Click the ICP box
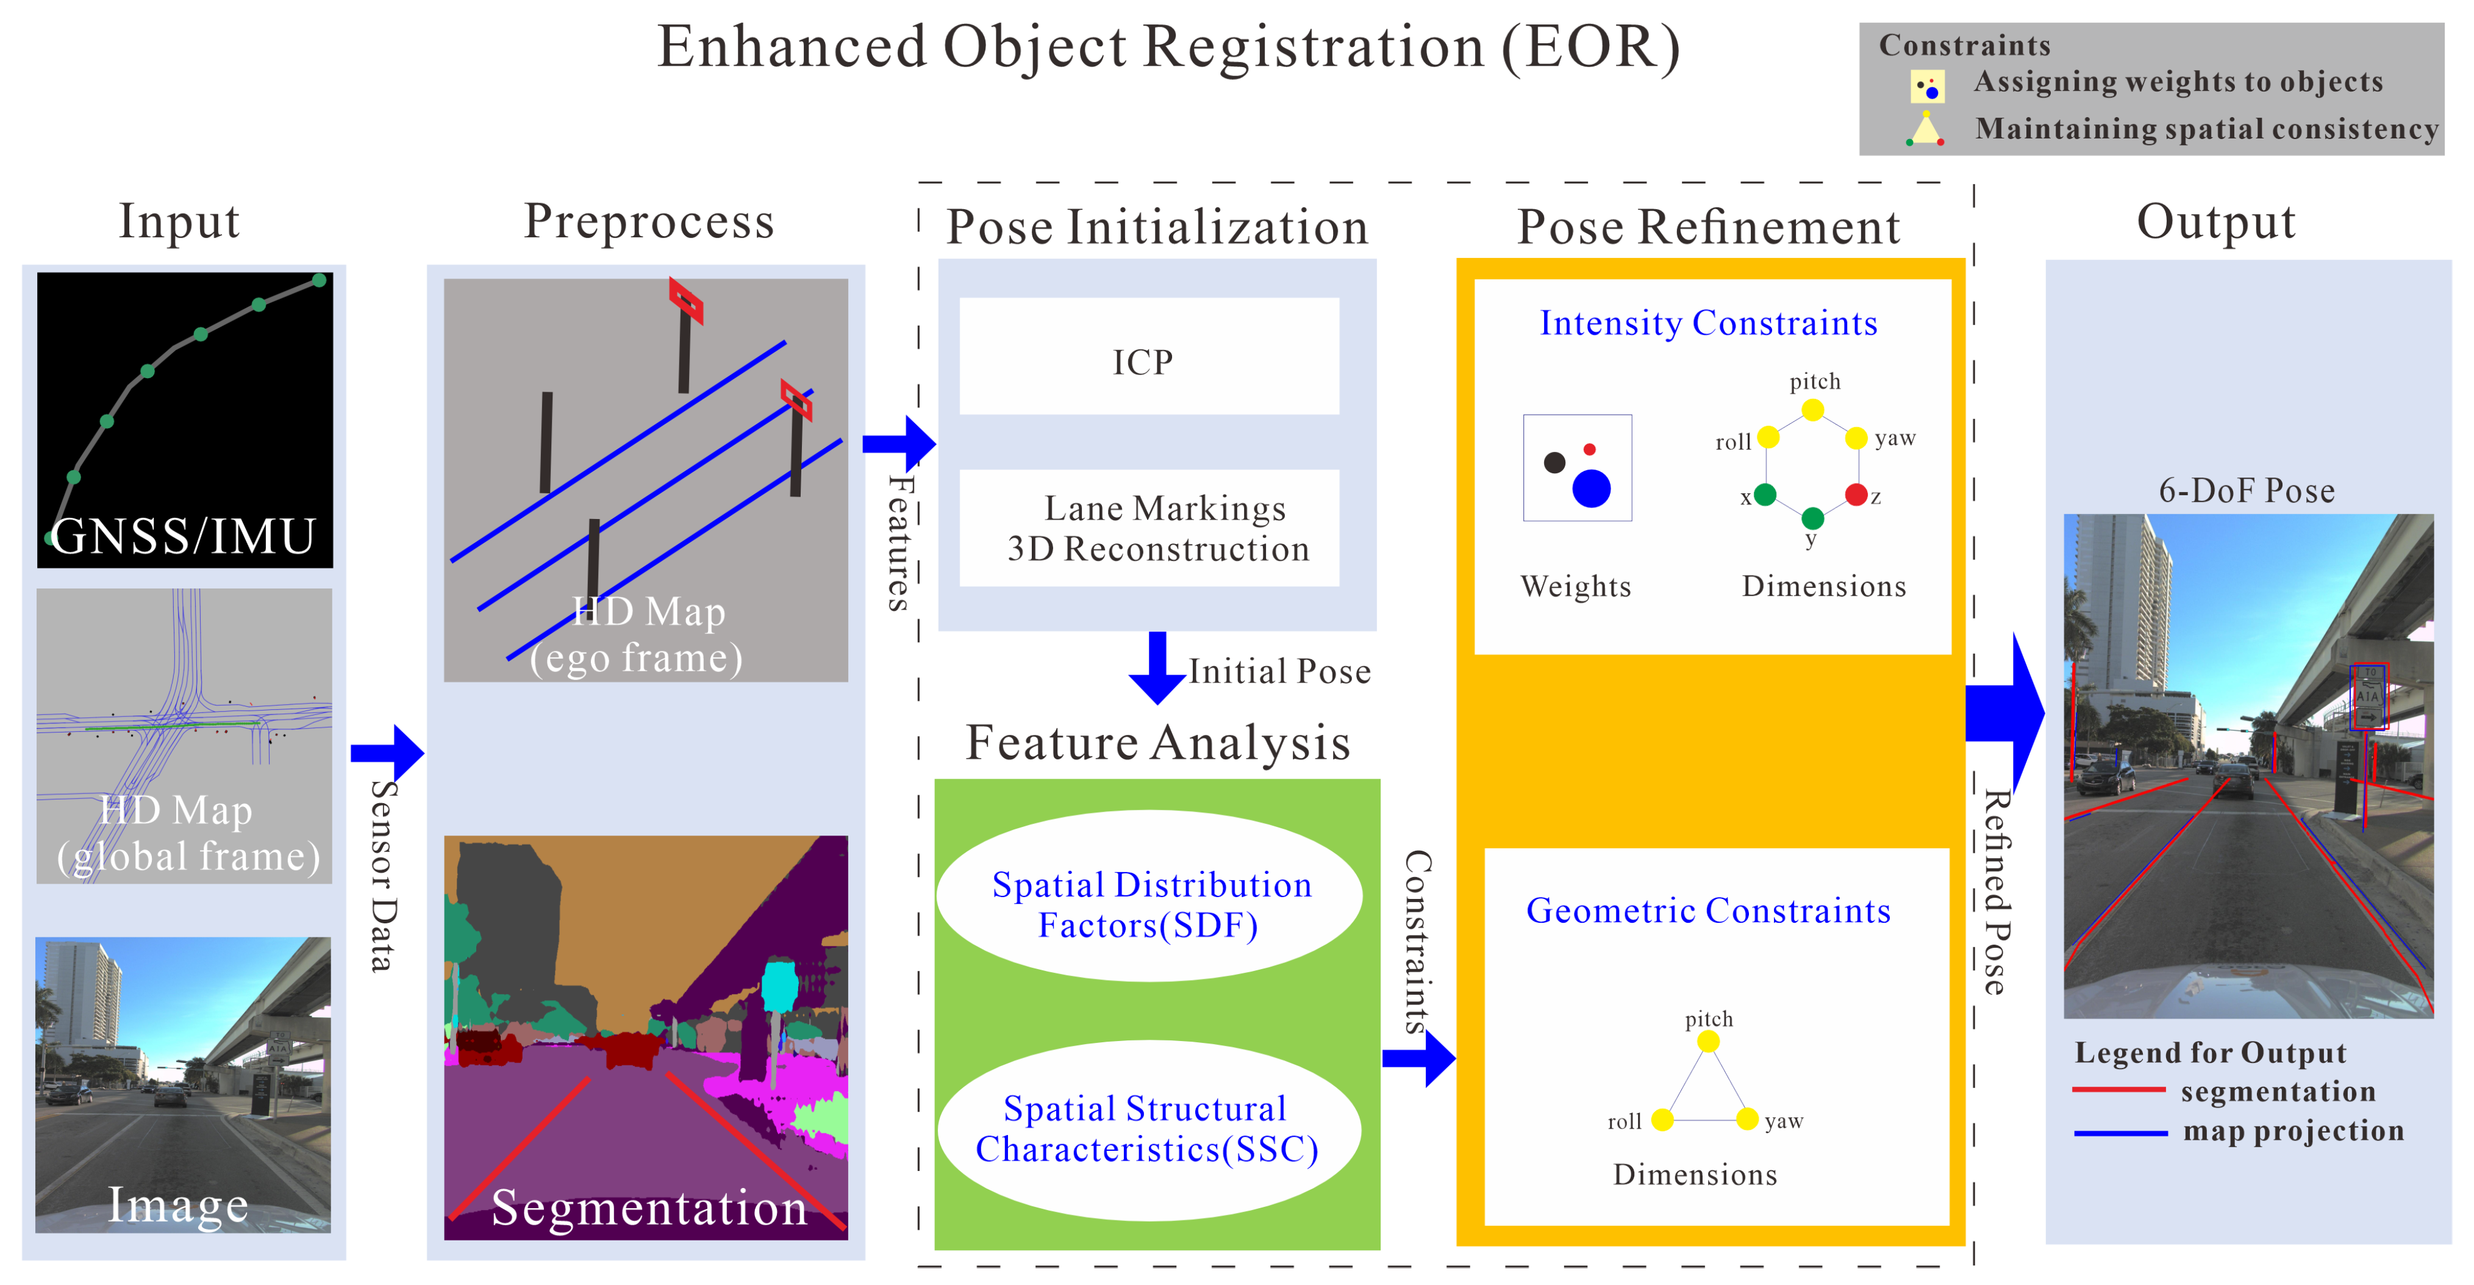click(1149, 356)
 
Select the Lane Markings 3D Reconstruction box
click(1149, 528)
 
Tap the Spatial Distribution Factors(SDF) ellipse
click(1149, 896)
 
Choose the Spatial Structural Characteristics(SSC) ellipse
click(1149, 1130)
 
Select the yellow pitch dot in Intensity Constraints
click(1812, 410)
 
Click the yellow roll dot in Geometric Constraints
click(1662, 1120)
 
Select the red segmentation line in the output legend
click(2118, 1090)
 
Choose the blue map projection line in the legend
click(2120, 1133)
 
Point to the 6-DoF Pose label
click(2247, 491)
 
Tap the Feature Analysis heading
click(1158, 742)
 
